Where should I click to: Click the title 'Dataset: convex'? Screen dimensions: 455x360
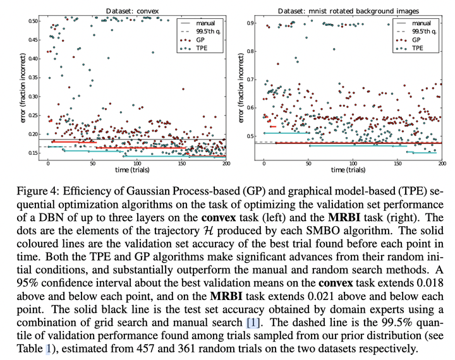[x=132, y=11]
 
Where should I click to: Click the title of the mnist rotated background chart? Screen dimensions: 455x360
[x=348, y=11]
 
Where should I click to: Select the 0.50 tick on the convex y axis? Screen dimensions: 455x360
[x=32, y=21]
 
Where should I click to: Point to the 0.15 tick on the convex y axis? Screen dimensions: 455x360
[x=32, y=153]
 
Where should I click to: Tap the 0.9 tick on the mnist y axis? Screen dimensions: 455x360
[x=250, y=23]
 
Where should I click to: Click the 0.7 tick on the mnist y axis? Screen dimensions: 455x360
[x=250, y=80]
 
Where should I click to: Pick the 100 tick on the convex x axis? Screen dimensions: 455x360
[x=137, y=164]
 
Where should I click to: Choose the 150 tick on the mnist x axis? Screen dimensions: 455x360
[x=397, y=164]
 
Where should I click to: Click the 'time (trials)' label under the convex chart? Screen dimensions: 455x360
[x=132, y=170]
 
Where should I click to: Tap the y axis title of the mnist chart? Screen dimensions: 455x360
[x=241, y=88]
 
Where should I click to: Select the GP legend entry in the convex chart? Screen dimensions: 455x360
[x=192, y=40]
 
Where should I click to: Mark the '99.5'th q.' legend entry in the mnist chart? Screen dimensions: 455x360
[x=415, y=32]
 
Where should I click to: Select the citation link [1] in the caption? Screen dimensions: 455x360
[x=253, y=322]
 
